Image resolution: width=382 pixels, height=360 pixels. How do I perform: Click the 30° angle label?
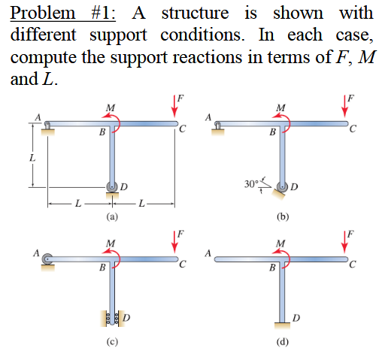pyautogui.click(x=253, y=183)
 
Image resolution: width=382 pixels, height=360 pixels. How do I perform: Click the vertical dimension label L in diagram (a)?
pyautogui.click(x=31, y=159)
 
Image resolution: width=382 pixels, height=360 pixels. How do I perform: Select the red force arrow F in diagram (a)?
pyautogui.click(x=174, y=106)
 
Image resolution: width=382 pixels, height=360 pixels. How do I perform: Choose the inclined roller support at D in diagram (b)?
pyautogui.click(x=281, y=188)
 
